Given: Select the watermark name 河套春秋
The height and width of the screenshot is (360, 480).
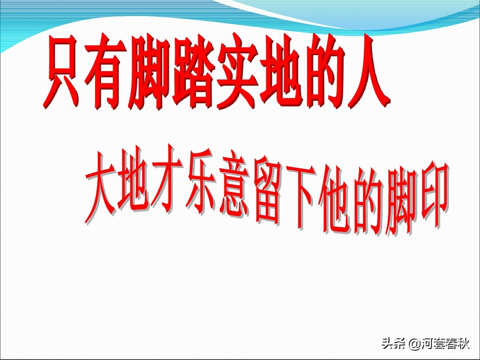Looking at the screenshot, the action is click(x=445, y=344).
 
